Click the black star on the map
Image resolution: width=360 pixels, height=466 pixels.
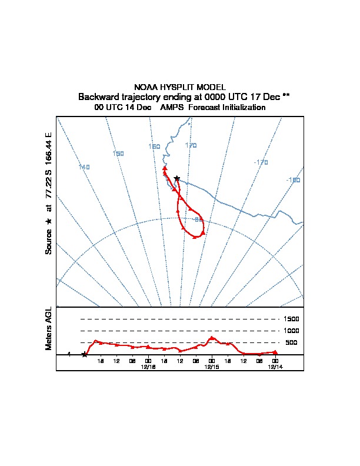point(176,178)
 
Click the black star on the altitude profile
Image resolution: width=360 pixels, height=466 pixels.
point(85,354)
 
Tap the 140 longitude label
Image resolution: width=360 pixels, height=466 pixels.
point(84,167)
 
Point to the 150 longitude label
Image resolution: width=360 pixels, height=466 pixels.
point(118,154)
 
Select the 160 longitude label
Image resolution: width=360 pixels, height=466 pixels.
point(154,147)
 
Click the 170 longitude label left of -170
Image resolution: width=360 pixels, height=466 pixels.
point(191,145)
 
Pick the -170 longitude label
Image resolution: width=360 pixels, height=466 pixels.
point(261,162)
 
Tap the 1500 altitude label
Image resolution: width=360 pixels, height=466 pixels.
point(292,319)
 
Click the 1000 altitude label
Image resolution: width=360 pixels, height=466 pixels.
point(292,331)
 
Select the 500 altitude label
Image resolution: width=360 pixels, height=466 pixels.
point(292,342)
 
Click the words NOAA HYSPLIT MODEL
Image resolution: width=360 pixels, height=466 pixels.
point(180,87)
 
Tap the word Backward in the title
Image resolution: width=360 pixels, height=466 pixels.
point(98,96)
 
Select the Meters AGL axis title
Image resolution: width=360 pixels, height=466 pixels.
point(49,328)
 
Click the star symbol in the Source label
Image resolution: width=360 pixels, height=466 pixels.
point(49,221)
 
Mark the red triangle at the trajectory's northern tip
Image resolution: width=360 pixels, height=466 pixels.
point(165,168)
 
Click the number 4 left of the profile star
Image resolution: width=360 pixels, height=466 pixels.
point(69,354)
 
